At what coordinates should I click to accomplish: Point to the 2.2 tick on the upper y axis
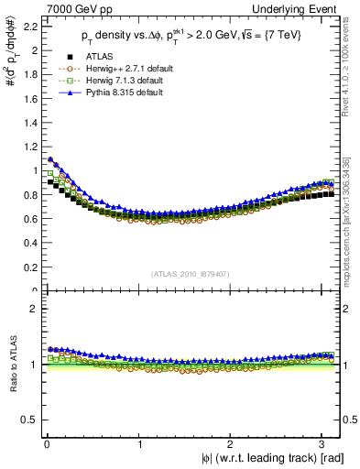pos(29,26)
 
